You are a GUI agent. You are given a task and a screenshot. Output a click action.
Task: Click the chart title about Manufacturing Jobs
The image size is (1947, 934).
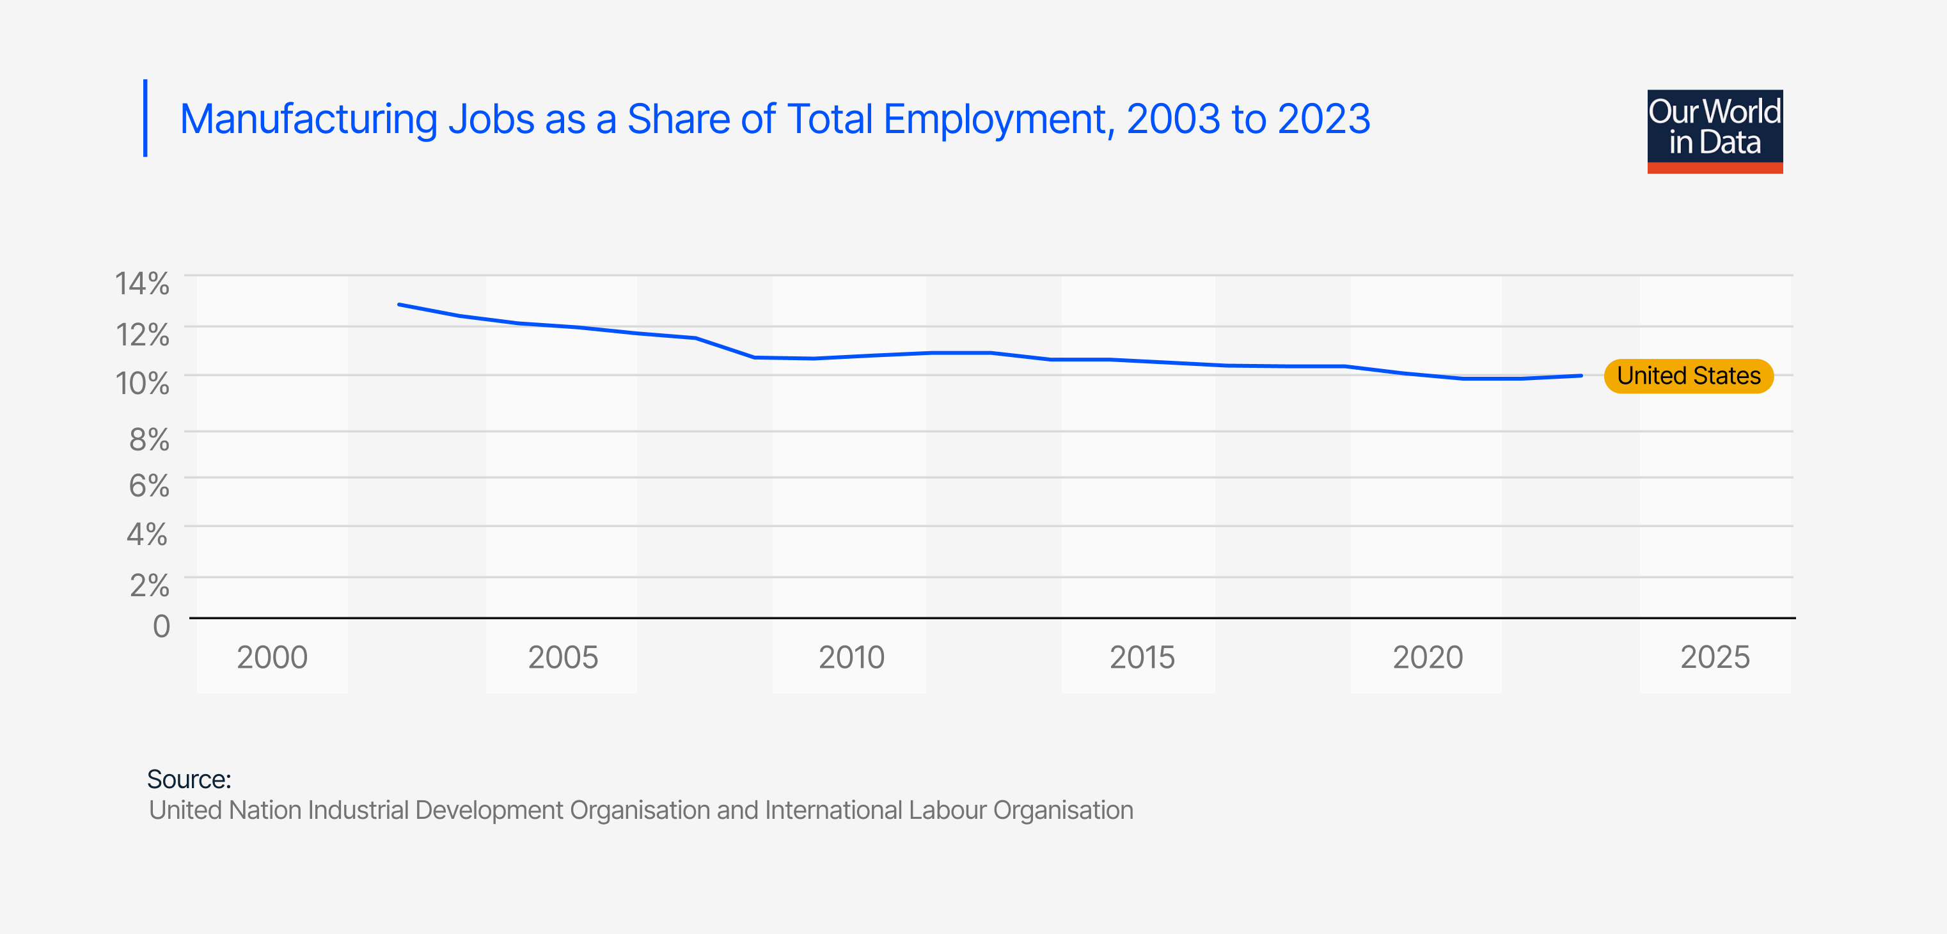775,120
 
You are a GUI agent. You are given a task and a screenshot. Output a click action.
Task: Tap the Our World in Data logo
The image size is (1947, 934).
1714,132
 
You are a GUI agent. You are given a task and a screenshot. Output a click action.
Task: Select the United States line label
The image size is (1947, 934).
1688,376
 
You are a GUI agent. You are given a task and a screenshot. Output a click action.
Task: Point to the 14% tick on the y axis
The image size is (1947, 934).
142,284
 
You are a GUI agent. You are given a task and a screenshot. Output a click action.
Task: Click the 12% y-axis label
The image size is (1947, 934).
142,335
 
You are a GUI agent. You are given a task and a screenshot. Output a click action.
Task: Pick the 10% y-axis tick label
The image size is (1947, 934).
142,384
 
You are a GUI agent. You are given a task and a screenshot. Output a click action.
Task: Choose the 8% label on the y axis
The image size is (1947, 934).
149,439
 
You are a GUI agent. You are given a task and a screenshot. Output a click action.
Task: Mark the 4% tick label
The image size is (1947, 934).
147,535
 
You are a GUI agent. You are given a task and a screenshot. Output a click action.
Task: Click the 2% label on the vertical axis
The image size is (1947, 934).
149,585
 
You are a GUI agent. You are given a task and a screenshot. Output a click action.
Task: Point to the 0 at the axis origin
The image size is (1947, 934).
161,626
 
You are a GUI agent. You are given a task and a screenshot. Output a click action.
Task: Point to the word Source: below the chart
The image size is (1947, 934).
189,779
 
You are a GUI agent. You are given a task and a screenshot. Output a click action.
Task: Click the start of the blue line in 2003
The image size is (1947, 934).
399,305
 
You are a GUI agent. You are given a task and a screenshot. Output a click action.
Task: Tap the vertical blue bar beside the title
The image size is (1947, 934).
145,118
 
